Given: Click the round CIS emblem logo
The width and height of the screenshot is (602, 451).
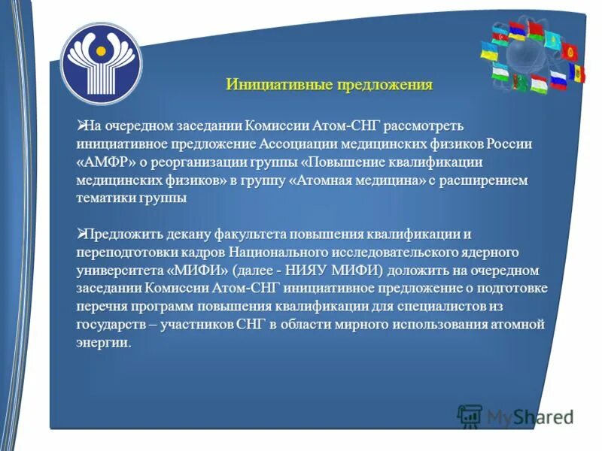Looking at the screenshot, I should click(100, 63).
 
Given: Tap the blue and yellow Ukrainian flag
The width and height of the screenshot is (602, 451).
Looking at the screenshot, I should click(490, 50).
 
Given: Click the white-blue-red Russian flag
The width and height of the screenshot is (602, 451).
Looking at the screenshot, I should click(558, 78).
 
